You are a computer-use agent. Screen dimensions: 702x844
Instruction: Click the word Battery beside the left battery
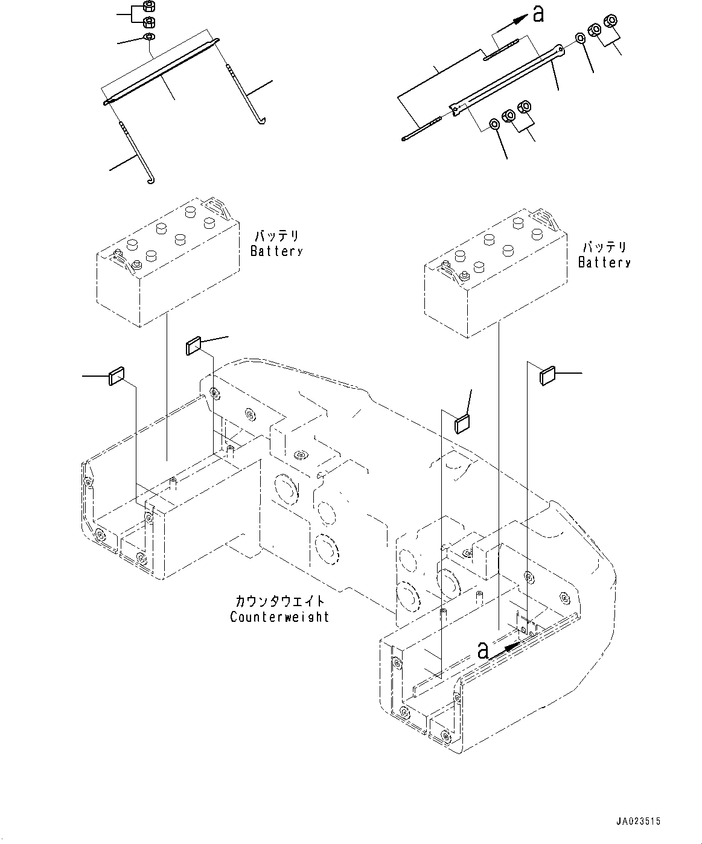pos(276,251)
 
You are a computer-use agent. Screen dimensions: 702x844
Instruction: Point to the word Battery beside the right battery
pos(604,263)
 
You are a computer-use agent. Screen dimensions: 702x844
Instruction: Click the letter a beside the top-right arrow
pos(538,14)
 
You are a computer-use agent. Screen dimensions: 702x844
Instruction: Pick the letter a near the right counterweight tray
pos(483,650)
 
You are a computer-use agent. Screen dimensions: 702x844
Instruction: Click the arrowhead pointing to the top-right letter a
pos(523,17)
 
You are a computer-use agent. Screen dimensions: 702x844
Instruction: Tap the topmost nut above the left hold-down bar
pos(148,7)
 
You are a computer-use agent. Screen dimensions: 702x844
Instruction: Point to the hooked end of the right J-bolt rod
pos(262,121)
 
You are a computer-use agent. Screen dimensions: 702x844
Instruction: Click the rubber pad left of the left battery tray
pos(116,376)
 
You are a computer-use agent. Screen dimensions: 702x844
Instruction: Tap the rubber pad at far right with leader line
pos(547,376)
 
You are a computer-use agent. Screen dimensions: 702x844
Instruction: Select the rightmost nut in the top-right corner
pos(610,20)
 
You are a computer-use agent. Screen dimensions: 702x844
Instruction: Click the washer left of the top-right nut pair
pos(580,39)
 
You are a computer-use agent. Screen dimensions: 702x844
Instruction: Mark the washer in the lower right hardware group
pos(494,124)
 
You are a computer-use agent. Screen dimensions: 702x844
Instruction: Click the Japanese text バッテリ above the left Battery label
pos(277,236)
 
